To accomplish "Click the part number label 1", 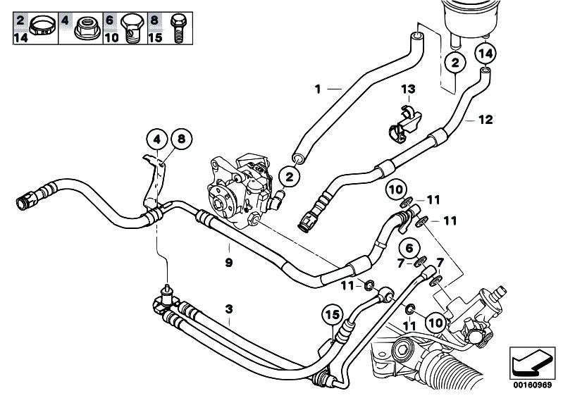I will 318,89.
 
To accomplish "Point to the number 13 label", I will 409,89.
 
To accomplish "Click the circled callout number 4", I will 157,139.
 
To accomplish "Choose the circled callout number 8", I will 180,139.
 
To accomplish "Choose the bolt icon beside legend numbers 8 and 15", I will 176,26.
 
